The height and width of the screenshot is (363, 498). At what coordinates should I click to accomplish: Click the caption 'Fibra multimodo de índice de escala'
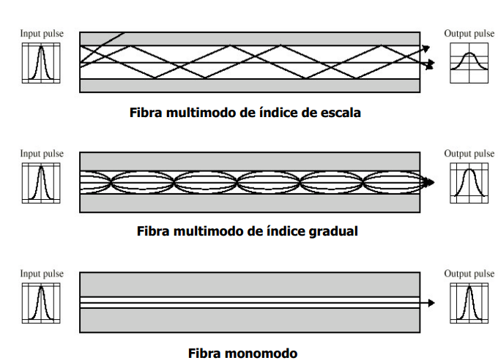click(245, 113)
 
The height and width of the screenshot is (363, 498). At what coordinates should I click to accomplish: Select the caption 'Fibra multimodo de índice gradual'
click(248, 231)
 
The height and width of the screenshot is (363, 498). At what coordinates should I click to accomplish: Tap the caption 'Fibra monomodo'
click(243, 353)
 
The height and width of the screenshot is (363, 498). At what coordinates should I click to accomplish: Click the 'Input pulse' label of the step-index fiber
click(42, 34)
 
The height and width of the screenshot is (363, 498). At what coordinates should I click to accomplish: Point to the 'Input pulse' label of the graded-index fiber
click(42, 154)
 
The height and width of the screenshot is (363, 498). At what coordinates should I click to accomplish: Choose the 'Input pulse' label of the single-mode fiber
click(42, 274)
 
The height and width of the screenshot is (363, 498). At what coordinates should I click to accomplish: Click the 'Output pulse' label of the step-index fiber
click(469, 34)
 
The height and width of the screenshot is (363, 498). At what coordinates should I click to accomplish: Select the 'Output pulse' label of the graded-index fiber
click(469, 154)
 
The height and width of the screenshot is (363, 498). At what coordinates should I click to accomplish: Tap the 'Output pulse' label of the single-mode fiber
click(469, 274)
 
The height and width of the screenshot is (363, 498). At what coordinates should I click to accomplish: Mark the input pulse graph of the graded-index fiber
click(41, 181)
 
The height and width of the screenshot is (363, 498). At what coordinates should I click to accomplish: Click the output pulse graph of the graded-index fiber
click(469, 182)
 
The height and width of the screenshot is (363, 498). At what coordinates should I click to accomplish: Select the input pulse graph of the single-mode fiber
click(41, 302)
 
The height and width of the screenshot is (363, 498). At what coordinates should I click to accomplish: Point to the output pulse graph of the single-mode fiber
click(469, 302)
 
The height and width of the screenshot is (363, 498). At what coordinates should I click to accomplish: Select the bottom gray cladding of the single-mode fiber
click(249, 320)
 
